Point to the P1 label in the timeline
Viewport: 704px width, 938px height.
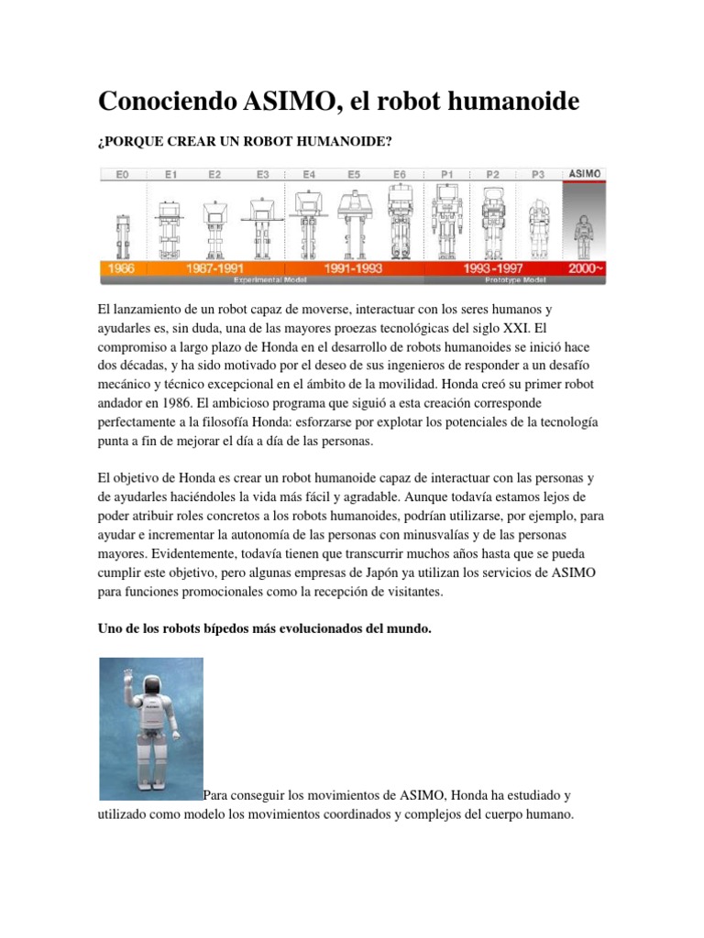(x=446, y=173)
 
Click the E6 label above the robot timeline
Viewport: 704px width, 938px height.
(x=400, y=173)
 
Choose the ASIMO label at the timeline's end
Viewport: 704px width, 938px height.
(x=585, y=172)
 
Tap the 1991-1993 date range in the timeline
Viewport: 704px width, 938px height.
(x=354, y=269)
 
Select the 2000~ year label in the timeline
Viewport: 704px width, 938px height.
(x=584, y=269)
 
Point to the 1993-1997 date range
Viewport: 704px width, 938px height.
(x=492, y=269)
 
